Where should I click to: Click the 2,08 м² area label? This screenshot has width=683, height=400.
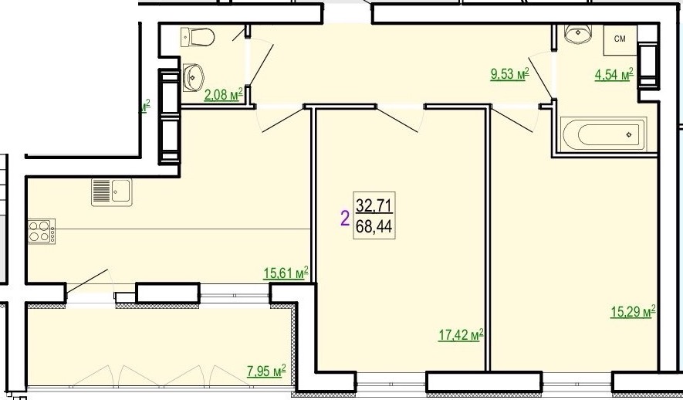[x=223, y=93]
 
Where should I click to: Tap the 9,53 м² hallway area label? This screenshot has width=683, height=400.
[x=509, y=73]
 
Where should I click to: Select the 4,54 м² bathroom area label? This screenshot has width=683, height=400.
[x=614, y=73]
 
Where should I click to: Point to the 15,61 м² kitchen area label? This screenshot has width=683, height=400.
[x=286, y=273]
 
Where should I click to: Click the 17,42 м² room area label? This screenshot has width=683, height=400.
[x=461, y=335]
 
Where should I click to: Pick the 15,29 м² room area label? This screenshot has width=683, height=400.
[x=633, y=311]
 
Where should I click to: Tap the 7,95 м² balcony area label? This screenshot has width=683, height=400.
[x=266, y=371]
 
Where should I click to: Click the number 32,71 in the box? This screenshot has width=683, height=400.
[x=374, y=205]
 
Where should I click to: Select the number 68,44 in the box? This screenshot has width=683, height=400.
[x=374, y=226]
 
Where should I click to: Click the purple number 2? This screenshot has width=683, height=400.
[x=344, y=218]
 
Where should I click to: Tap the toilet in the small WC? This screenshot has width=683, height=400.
[x=198, y=37]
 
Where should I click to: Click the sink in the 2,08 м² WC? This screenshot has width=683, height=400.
[x=193, y=77]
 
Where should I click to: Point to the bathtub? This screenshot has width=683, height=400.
[x=604, y=134]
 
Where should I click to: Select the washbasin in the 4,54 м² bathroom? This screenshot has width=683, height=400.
[x=578, y=33]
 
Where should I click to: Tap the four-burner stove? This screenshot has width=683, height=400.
[x=42, y=232]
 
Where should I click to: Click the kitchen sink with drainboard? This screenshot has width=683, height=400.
[x=111, y=192]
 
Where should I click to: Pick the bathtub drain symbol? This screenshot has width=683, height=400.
[x=628, y=134]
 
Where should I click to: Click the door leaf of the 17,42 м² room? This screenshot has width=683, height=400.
[x=397, y=120]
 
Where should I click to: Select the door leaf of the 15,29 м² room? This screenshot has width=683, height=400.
[x=512, y=120]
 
